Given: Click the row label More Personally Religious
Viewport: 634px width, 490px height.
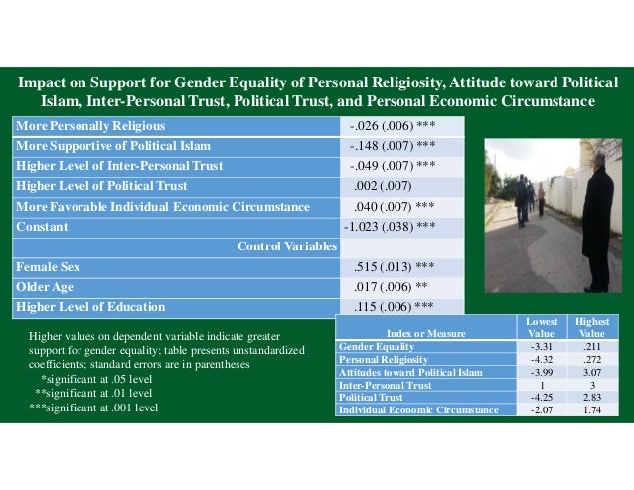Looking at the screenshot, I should (90, 126).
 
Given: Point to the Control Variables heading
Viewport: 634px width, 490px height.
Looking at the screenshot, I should (287, 246).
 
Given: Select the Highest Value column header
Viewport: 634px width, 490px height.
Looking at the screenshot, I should (585, 328).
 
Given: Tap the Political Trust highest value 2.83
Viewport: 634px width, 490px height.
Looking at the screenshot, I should (585, 398).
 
